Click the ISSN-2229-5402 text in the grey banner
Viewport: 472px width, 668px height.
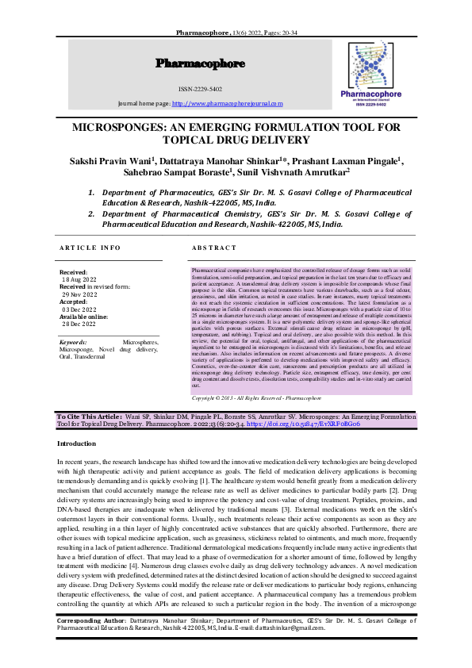coord(200,89)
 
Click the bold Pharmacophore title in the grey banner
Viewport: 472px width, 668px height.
coord(200,63)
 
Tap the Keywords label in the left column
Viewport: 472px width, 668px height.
coord(74,342)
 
